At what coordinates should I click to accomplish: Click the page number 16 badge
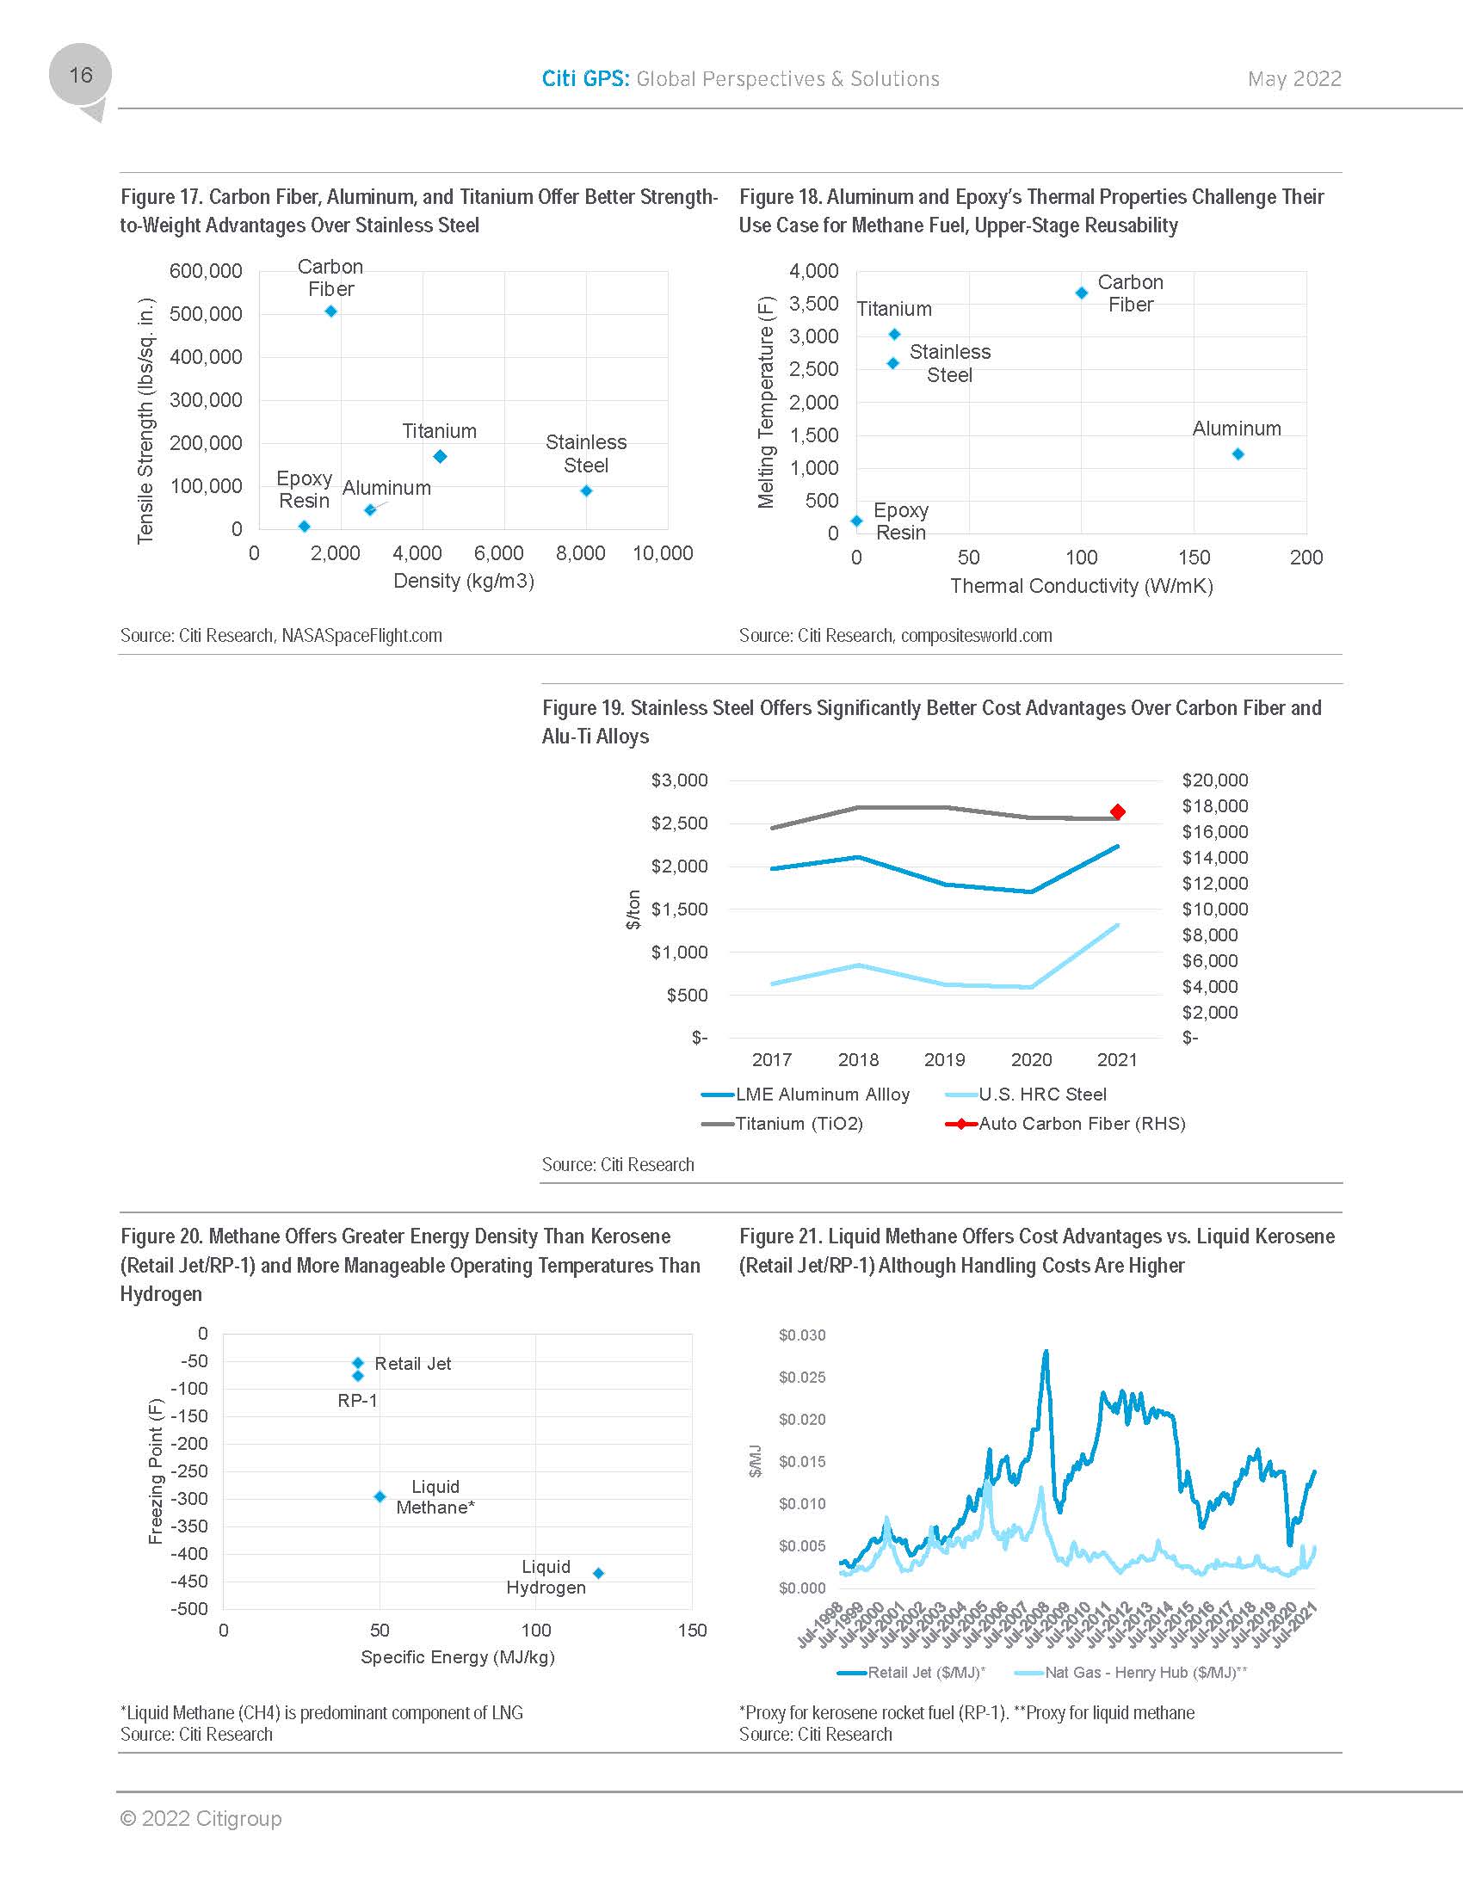[80, 76]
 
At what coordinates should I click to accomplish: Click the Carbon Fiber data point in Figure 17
[331, 311]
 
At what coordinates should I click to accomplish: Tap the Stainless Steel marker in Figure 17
[586, 490]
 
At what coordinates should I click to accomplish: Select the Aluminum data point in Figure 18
[1238, 454]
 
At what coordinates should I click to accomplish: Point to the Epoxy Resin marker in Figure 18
[856, 521]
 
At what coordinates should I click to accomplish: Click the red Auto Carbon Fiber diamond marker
[1117, 812]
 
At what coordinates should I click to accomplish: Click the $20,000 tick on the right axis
[1214, 781]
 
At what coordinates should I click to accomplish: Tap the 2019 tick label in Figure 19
[944, 1060]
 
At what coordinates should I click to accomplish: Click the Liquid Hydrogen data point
[598, 1573]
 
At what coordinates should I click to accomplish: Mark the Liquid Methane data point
[380, 1497]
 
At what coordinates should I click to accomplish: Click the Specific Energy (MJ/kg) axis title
[457, 1657]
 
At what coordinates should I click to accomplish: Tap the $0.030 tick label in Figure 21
[802, 1335]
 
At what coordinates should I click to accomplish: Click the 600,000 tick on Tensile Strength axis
[206, 271]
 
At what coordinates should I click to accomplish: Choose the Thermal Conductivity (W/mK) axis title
[1081, 587]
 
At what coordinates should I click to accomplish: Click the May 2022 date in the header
[1294, 79]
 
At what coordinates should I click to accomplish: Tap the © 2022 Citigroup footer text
[201, 1818]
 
